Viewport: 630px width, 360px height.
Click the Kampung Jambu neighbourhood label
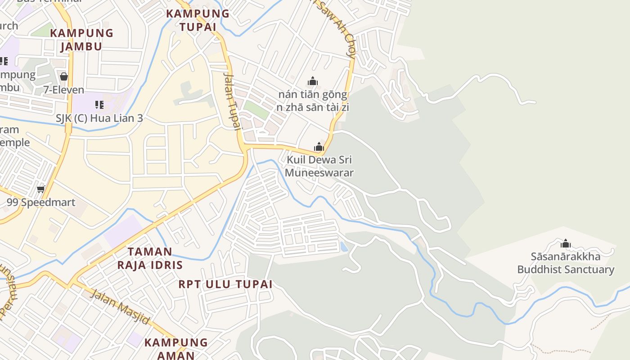tap(81, 40)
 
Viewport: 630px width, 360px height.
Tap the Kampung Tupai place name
tap(198, 20)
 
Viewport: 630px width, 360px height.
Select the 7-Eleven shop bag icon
tap(64, 76)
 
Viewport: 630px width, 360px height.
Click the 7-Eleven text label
tap(64, 90)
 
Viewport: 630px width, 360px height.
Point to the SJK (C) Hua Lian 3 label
tap(99, 118)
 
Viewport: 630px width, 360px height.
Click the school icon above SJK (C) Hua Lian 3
tap(99, 105)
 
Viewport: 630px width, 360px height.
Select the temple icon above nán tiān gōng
tap(313, 81)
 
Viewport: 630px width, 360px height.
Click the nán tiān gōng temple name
tap(313, 95)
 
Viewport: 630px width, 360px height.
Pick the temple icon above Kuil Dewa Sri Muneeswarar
tap(319, 147)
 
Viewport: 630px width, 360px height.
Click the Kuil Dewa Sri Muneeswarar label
tap(319, 166)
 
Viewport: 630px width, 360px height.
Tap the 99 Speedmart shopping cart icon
tap(41, 189)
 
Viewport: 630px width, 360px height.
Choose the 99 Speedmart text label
tap(41, 202)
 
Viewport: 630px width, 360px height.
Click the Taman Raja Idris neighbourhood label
tap(150, 258)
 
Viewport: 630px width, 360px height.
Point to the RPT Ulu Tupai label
tap(225, 284)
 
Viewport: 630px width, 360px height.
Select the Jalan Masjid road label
tap(120, 307)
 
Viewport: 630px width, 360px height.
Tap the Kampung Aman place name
tap(176, 348)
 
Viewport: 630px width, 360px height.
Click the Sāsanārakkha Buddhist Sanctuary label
tap(566, 263)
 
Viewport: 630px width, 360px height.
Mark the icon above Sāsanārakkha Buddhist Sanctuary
tap(566, 244)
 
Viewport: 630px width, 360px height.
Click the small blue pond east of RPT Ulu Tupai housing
tap(344, 247)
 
